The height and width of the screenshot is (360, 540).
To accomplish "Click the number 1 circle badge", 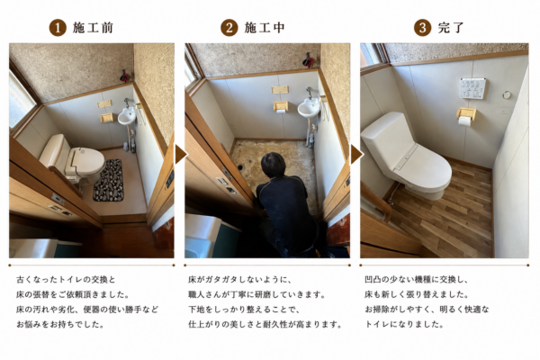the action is [58, 28].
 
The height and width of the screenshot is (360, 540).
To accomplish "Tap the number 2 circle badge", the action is [229, 28].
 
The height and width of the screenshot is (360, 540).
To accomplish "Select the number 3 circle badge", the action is [423, 28].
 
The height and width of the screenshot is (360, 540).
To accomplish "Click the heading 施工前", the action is [93, 28].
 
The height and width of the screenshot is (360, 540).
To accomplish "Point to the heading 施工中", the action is [265, 28].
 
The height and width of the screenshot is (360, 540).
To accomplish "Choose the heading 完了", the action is [451, 28].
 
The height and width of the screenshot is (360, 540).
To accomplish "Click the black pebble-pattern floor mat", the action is [109, 180].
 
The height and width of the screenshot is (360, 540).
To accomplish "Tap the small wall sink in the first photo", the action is [127, 116].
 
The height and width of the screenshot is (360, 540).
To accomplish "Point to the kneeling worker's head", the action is [273, 166].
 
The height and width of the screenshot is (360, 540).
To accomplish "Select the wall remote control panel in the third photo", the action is [472, 88].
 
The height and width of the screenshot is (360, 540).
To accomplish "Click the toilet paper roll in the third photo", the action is [465, 121].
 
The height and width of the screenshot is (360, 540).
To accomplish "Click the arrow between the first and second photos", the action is [181, 155].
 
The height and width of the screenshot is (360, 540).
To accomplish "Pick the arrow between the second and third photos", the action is [356, 155].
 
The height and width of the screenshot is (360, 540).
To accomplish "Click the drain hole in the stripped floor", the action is [240, 167].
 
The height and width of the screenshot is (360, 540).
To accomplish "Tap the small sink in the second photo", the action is [308, 108].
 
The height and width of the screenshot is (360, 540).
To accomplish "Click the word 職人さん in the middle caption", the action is [205, 294].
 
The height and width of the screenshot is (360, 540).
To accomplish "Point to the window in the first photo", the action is [21, 100].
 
